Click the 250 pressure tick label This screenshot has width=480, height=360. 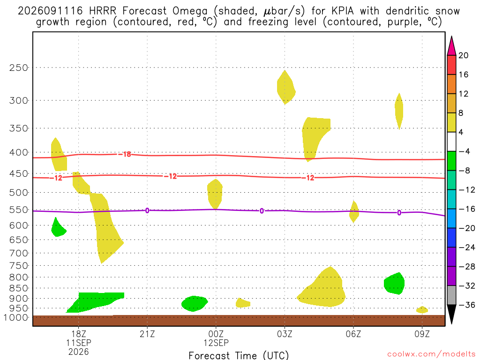pos(19,67)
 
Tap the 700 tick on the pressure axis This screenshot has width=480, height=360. pos(19,253)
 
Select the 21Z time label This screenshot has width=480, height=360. pos(147,334)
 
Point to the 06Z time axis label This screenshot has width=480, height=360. pos(353,334)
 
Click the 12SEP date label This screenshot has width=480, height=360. pos(216,343)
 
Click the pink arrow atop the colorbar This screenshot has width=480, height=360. pos(451,45)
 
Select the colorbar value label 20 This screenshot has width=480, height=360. pos(464,55)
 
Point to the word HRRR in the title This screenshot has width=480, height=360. pos(103,11)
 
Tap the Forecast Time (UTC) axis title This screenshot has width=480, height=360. pos(239,355)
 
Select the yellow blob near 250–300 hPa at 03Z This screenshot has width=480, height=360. pos(286,88)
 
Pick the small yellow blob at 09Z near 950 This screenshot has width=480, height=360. pos(422,310)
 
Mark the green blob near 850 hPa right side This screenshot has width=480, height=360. pos(394,284)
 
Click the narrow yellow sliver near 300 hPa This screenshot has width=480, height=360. pos(399,111)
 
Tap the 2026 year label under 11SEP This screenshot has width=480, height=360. pos(79,352)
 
